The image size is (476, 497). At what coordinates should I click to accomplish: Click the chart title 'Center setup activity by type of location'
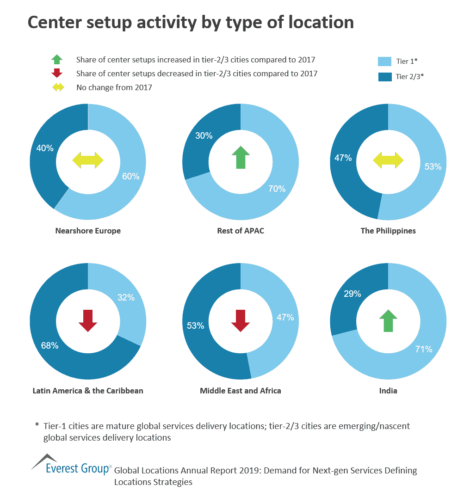[x=191, y=22]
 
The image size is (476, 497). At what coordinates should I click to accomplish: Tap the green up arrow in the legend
[x=56, y=59]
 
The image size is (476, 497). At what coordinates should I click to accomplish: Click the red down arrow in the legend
[x=56, y=73]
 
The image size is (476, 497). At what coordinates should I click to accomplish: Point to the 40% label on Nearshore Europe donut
[x=45, y=148]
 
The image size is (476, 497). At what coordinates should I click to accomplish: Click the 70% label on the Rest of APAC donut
[x=277, y=189]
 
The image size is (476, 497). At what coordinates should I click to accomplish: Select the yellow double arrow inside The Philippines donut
[x=388, y=160]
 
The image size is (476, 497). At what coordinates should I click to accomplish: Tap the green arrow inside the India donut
[x=388, y=321]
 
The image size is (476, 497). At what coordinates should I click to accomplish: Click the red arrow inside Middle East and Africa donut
[x=241, y=321]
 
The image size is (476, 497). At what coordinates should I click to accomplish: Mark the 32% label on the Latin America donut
[x=125, y=297]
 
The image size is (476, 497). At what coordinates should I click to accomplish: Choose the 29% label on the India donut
[x=352, y=293]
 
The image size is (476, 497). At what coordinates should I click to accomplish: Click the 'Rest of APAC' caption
[x=241, y=231]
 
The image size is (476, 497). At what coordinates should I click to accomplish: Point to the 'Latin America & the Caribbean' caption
[x=88, y=391]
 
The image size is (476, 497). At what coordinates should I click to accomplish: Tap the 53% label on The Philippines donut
[x=433, y=166]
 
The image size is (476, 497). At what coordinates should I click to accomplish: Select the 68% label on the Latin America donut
[x=49, y=345]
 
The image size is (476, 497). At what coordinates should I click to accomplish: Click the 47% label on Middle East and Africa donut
[x=285, y=317]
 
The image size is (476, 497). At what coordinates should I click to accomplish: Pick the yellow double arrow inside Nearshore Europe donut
[x=88, y=160]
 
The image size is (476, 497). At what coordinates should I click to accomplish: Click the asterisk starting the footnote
[x=37, y=424]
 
